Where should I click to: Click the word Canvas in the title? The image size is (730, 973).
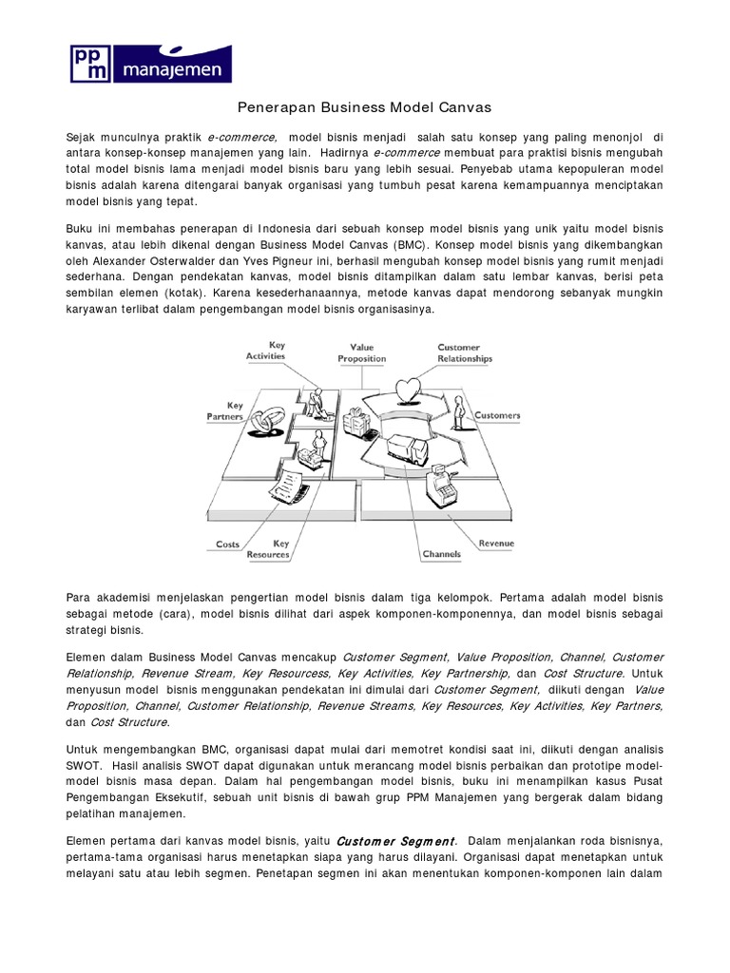coord(463,107)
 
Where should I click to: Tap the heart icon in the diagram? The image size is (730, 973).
coord(411,389)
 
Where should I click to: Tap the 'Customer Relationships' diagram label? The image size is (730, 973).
coord(465,353)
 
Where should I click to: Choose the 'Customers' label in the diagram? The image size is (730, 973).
coord(497,415)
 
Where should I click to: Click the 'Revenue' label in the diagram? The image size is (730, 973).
coord(496,544)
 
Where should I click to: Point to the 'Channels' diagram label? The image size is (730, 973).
coord(441,554)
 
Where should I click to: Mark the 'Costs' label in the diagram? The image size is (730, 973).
coord(228,544)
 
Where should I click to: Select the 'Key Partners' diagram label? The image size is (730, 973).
coord(225,410)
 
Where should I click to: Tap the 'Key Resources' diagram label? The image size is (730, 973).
coord(268,548)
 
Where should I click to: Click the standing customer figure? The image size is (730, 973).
coord(458,412)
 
